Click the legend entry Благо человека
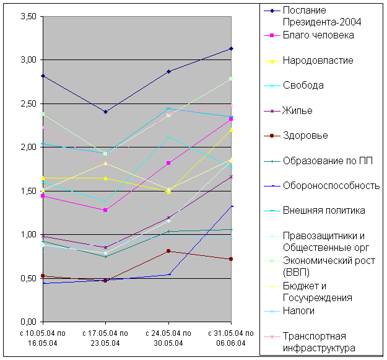[x=318, y=35]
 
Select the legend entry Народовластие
[x=318, y=61]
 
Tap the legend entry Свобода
[x=303, y=86]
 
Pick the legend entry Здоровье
[x=305, y=136]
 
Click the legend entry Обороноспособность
[x=330, y=185]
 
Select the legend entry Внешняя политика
[x=323, y=211]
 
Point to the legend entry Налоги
[x=298, y=310]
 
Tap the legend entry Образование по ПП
[x=323, y=160]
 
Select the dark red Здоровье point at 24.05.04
[x=168, y=251]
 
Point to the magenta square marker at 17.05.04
[x=105, y=210]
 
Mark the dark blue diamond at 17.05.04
[x=105, y=112]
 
